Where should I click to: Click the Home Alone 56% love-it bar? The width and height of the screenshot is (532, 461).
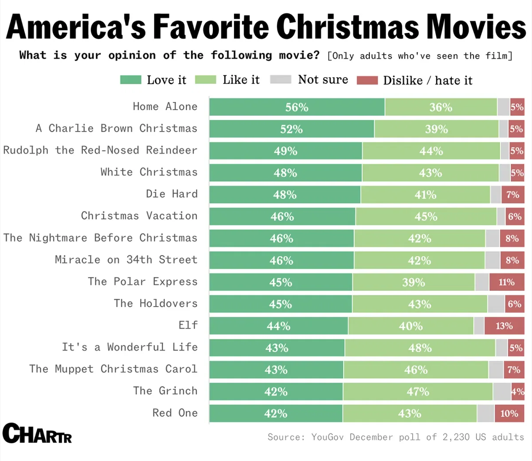click(x=297, y=107)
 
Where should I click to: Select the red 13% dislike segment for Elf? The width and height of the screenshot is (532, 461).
click(x=504, y=326)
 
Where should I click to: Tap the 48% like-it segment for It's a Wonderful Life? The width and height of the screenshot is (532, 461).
click(x=420, y=348)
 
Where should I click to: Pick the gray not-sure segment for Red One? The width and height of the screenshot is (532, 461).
click(x=485, y=414)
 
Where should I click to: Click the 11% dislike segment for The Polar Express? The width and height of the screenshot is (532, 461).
click(x=506, y=282)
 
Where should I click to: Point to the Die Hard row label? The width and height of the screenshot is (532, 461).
click(x=172, y=194)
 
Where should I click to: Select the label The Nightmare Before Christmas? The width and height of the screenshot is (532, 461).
click(x=100, y=238)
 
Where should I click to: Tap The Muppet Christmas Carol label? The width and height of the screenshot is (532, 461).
click(x=113, y=369)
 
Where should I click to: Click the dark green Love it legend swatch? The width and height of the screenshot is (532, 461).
click(x=130, y=80)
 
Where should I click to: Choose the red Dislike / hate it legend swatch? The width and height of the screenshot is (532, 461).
click(x=367, y=80)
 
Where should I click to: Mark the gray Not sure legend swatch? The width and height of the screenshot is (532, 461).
click(x=280, y=80)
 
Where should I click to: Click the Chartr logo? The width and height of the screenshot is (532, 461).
click(x=37, y=434)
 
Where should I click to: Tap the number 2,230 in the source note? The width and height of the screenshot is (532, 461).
click(x=456, y=437)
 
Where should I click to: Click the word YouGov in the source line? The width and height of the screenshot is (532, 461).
click(x=327, y=437)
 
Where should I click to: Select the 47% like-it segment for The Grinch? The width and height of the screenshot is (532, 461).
click(x=418, y=392)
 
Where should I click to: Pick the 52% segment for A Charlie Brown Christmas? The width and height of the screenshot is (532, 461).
click(x=291, y=129)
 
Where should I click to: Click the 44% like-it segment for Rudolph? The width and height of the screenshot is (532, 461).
click(x=431, y=151)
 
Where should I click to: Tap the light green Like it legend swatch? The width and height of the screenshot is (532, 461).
click(x=205, y=80)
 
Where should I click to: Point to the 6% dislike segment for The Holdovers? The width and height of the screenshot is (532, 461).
click(x=514, y=304)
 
